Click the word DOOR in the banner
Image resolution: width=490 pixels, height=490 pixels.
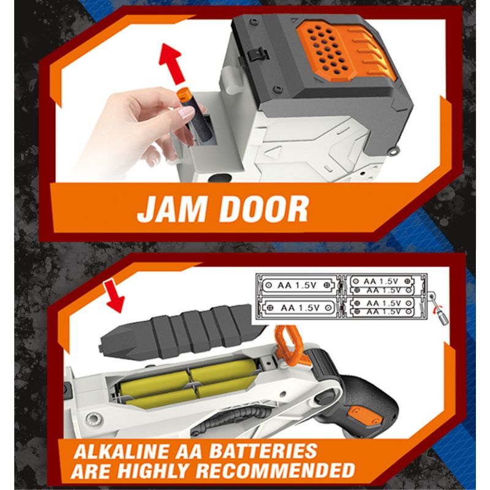click(x=264, y=209)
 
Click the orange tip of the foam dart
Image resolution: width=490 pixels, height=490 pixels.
click(x=184, y=94)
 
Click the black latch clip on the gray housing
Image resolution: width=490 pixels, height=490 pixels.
click(x=258, y=54)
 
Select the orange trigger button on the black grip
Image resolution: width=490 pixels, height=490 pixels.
click(x=358, y=416)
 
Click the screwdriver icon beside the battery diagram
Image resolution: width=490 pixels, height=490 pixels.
click(x=439, y=310)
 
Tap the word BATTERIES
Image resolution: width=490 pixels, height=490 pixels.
click(x=263, y=451)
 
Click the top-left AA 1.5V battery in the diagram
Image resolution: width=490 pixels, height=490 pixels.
click(x=297, y=285)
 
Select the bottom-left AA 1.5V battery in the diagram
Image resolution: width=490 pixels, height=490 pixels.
click(x=298, y=308)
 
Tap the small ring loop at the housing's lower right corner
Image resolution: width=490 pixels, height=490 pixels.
click(x=394, y=151)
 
